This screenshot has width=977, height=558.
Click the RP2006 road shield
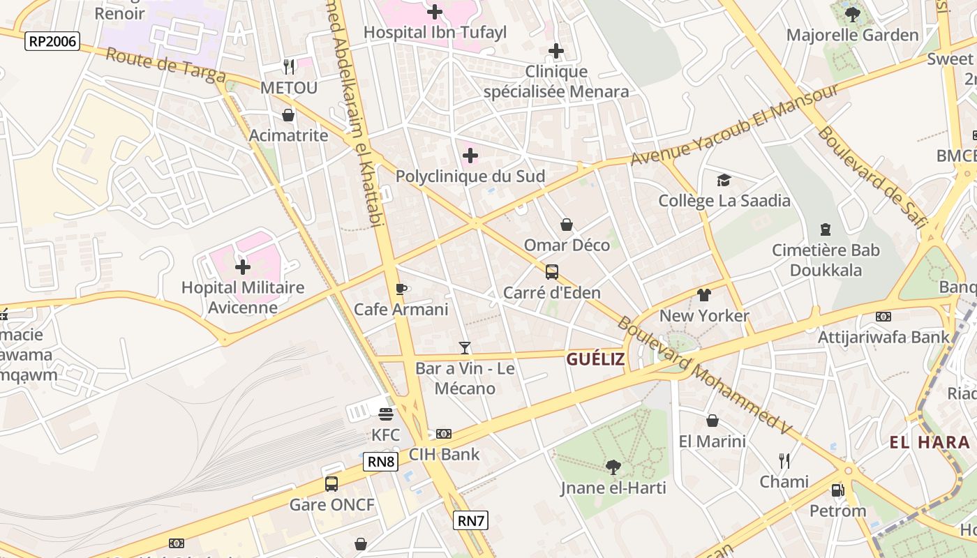52,41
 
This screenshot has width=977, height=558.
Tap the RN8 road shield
381,462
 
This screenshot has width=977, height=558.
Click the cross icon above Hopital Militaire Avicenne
243,267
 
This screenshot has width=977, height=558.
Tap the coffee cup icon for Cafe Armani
401,289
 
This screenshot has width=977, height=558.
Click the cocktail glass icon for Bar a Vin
465,347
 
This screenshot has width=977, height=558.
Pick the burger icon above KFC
386,414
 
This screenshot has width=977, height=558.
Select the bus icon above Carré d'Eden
552,271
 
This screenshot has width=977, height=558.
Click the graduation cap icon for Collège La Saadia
724,180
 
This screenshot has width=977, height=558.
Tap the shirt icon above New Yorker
704,295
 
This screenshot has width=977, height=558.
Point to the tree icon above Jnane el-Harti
613,467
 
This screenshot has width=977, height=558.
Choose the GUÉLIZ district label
595,359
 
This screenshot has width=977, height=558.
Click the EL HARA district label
930,442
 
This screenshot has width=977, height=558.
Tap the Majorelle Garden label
852,35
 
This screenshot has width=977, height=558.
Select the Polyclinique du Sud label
470,176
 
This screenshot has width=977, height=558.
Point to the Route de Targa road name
165,66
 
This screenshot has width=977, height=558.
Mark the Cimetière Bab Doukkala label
826,260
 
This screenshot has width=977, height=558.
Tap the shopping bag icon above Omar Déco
567,225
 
